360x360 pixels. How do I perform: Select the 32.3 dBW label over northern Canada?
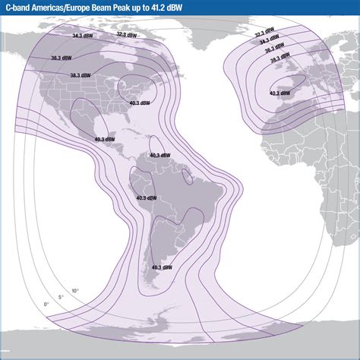pos(127,34)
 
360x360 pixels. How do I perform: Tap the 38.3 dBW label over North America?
pos(81,76)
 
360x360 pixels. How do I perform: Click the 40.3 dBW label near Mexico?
pos(106,140)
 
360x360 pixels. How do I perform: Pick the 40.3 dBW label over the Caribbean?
pos(160,155)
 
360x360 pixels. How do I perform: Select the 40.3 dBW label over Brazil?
pos(146,197)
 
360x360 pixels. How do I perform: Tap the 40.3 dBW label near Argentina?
pos(162,267)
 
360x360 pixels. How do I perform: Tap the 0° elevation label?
pos(46,305)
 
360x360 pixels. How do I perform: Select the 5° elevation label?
pos(62,297)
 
